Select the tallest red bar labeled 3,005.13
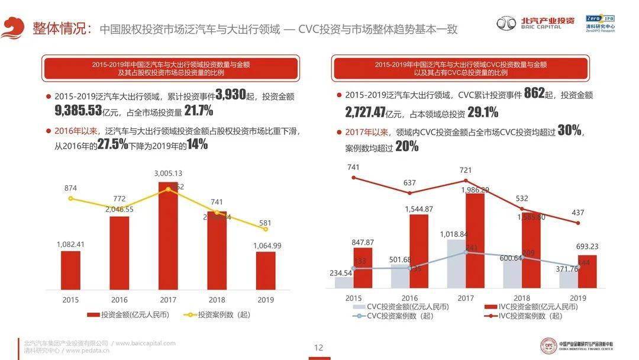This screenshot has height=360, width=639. [168, 237]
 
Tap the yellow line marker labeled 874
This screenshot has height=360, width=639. [70, 198]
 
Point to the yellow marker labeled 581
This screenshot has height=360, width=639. [266, 229]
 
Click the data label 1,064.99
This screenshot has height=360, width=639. [266, 246]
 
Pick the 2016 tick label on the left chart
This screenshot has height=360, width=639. [120, 300]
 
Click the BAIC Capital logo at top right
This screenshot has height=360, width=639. [535, 23]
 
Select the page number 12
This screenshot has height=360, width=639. [318, 348]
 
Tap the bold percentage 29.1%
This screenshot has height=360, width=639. [482, 112]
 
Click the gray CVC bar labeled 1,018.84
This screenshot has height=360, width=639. [456, 263]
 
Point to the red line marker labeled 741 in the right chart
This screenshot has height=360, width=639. [354, 178]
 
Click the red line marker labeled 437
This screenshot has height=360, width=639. [578, 223]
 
